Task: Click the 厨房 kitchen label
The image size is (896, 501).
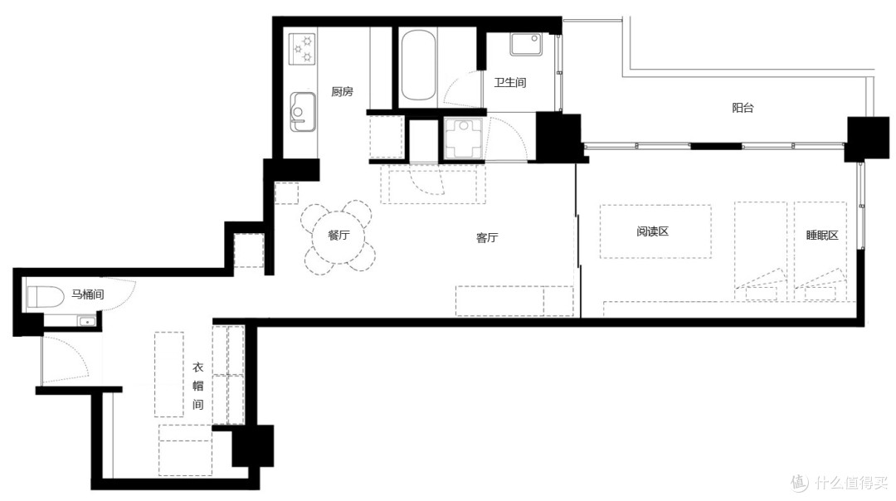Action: [x=342, y=91]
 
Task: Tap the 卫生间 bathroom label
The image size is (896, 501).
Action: [x=509, y=82]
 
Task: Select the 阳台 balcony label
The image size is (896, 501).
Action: [x=743, y=107]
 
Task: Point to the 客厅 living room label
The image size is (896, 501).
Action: [x=487, y=238]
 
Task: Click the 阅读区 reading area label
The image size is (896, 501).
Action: [x=652, y=231]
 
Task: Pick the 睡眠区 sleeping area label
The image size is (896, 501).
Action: [x=821, y=235]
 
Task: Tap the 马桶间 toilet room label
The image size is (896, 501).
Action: [x=87, y=294]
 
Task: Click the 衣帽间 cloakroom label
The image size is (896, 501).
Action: [x=197, y=386]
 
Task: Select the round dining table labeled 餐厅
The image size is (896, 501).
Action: [x=338, y=235]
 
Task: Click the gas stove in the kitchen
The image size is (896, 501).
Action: [x=302, y=49]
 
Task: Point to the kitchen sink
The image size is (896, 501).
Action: [x=302, y=111]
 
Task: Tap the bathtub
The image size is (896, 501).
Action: [x=417, y=66]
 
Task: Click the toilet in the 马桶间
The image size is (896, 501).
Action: [x=45, y=297]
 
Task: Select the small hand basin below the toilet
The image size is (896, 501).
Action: [x=87, y=322]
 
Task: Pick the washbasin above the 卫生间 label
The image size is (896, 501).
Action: [x=526, y=45]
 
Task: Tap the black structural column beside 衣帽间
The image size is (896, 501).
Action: [x=252, y=445]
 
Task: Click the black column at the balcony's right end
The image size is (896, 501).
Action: [x=868, y=138]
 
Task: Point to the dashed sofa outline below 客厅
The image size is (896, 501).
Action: [x=514, y=301]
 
